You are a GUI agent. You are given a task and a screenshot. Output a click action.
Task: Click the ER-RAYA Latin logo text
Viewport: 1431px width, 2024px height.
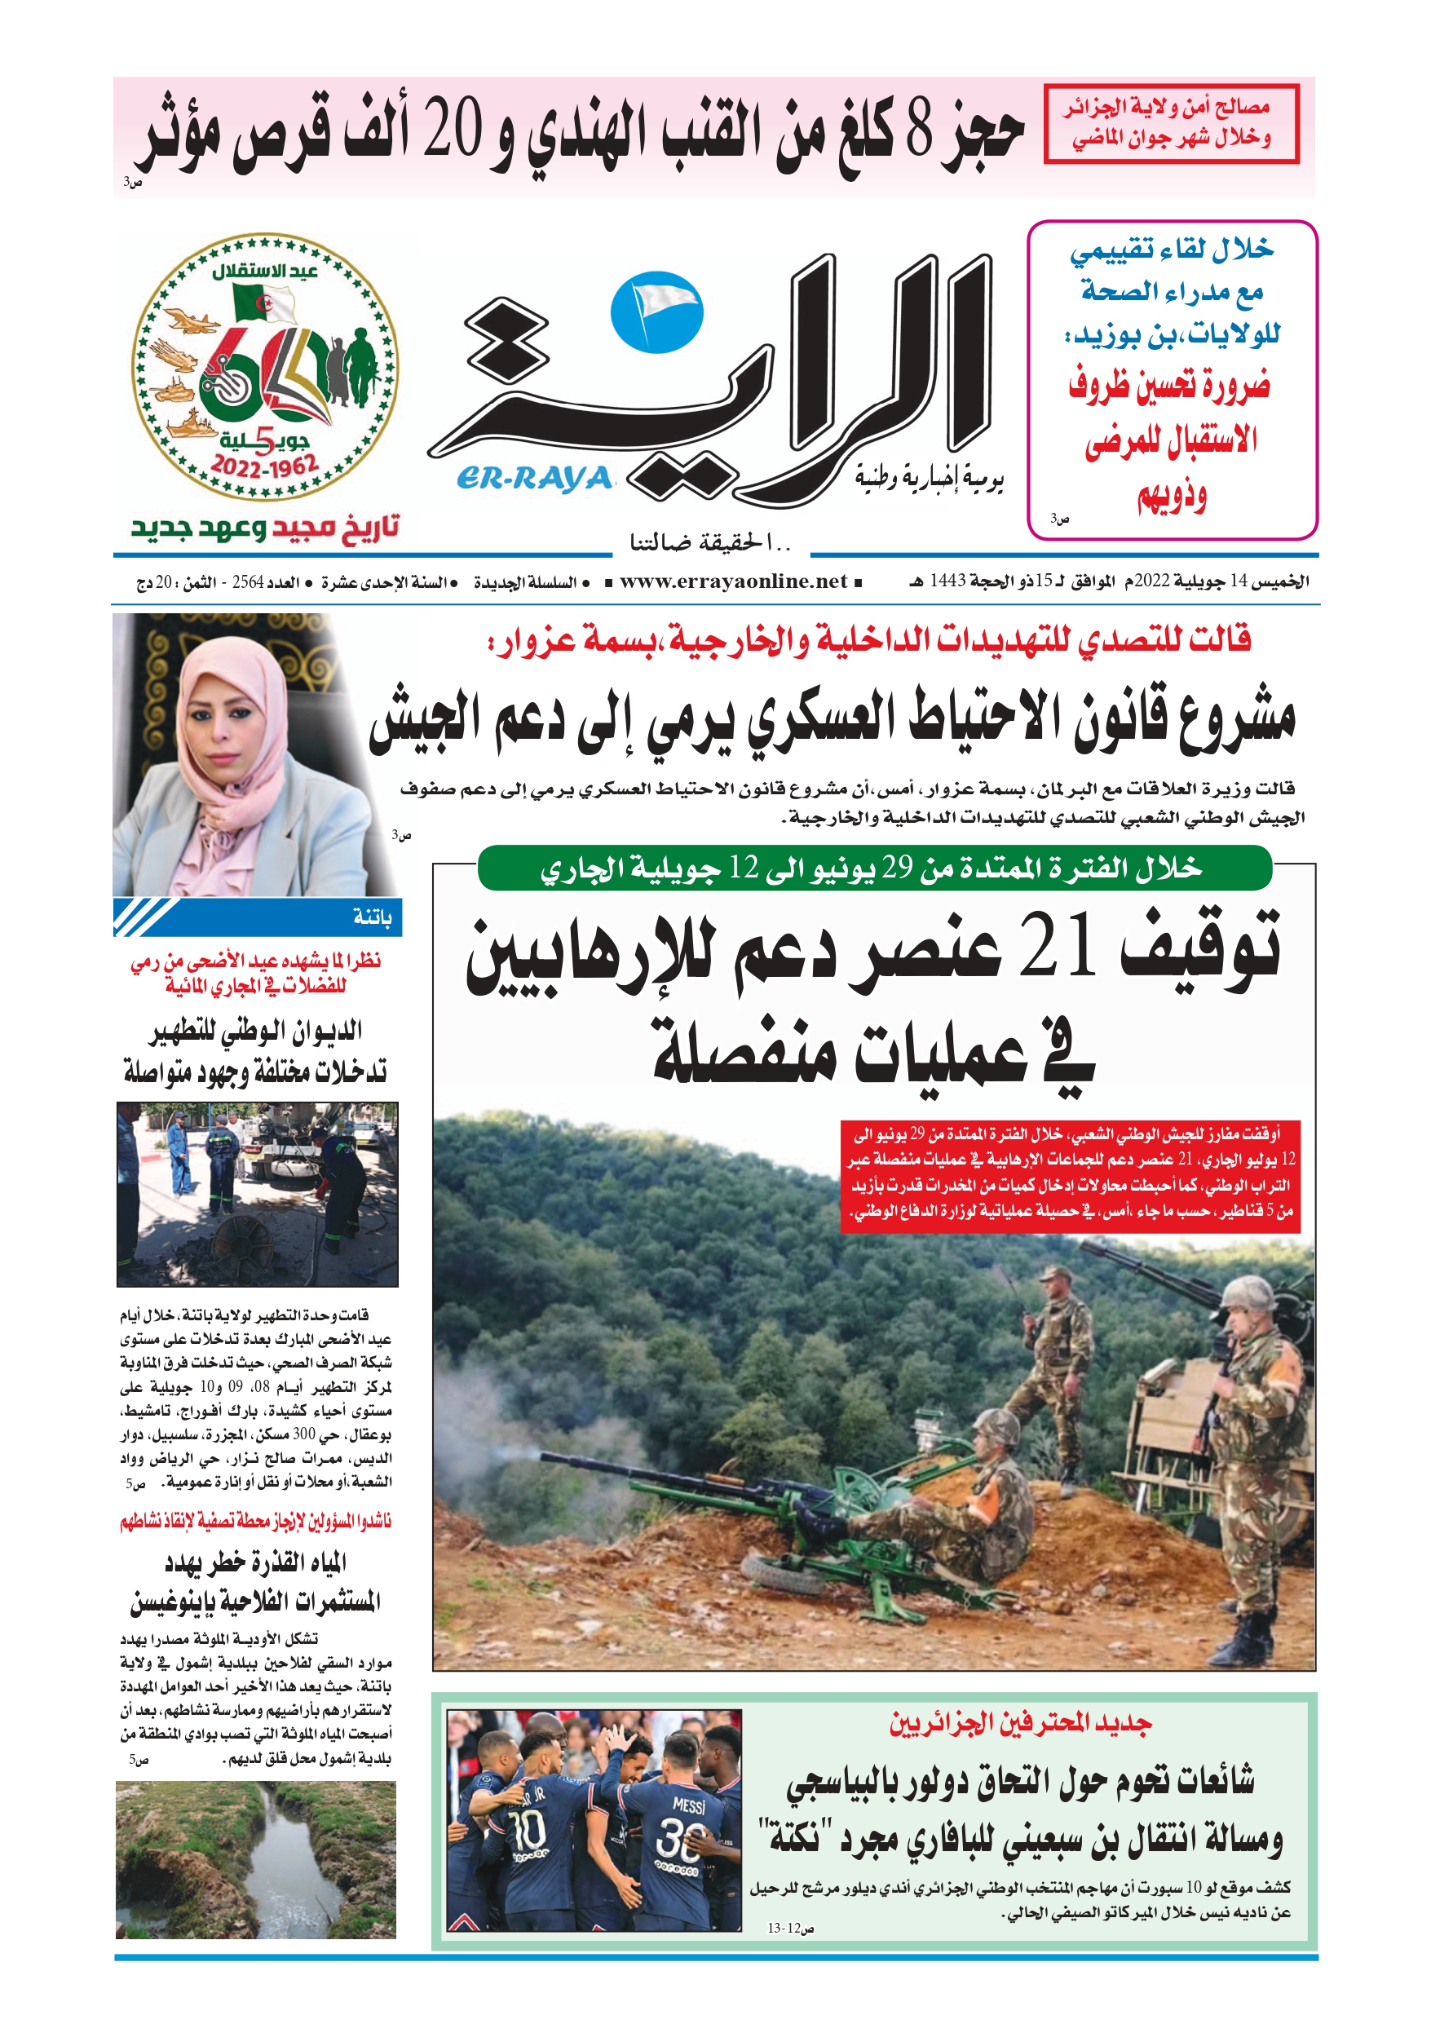coord(534,478)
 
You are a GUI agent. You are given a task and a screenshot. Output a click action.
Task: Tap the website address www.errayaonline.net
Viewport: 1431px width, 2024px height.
coord(733,581)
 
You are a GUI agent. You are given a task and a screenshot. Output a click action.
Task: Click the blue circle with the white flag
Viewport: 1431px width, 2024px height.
coord(657,312)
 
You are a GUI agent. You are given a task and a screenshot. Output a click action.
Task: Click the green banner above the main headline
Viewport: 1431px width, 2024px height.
coord(874,868)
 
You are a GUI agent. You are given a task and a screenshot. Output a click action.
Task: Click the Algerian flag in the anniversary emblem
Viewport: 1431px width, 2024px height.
coord(263,303)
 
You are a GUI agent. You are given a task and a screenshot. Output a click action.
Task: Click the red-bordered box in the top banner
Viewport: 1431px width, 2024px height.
coord(1171,123)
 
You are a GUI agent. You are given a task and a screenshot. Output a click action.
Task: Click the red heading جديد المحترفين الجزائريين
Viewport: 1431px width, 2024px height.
coord(1020,1723)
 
